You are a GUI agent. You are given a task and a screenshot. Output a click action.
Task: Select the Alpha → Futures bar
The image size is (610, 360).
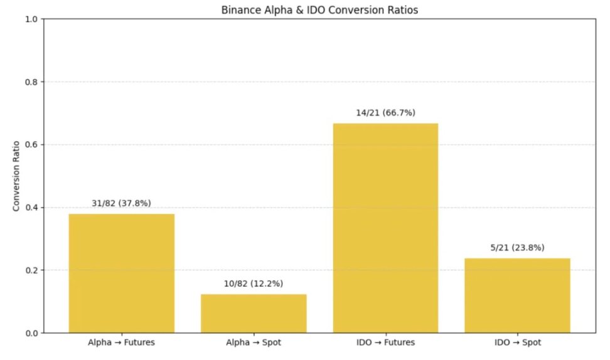122,273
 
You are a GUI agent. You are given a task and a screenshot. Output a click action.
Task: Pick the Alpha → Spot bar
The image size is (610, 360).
254,313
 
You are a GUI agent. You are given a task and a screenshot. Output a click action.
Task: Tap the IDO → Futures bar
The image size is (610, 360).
385,228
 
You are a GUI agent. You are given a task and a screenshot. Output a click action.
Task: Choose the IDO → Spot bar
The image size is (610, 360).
517,295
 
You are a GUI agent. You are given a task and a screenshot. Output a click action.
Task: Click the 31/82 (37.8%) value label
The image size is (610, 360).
122,203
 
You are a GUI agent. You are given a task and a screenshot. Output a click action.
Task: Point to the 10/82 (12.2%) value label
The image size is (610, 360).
254,283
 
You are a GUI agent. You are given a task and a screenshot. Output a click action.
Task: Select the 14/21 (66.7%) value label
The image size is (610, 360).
385,113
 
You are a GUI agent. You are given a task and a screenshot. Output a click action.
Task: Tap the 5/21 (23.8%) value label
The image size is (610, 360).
517,247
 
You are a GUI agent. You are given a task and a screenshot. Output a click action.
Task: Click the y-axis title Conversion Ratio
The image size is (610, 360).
17,176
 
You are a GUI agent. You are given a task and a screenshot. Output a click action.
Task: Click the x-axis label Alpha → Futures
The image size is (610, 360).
122,343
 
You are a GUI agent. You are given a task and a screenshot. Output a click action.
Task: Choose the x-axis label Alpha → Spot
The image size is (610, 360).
254,343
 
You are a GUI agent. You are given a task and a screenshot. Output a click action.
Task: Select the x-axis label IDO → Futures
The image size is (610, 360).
385,343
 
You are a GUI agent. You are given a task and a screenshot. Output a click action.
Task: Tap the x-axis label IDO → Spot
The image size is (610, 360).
517,343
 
